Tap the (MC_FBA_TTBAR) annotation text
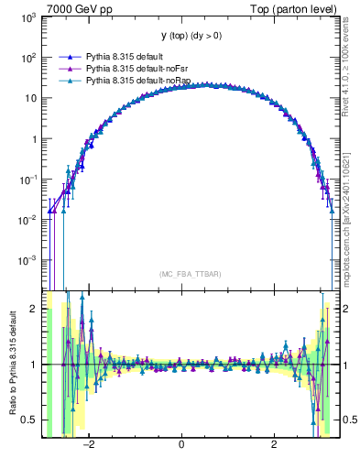pyautogui.click(x=187, y=274)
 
